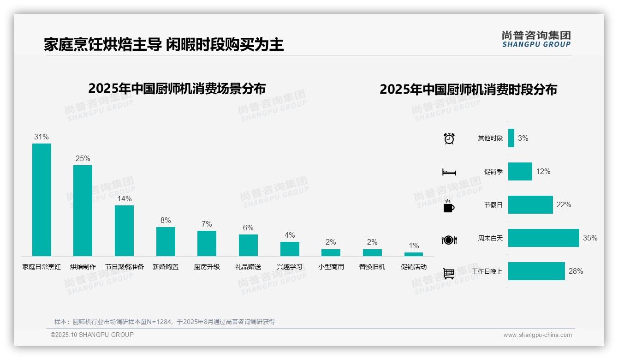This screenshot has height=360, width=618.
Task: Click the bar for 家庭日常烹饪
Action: tap(42, 199)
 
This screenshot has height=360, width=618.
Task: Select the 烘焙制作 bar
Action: tap(83, 210)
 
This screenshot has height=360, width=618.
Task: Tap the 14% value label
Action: tap(124, 198)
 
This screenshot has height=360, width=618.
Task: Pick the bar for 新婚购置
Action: tap(166, 241)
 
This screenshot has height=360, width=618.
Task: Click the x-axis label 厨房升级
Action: tap(207, 267)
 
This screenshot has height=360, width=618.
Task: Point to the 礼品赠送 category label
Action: tap(248, 267)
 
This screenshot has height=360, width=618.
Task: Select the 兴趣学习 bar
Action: tap(290, 249)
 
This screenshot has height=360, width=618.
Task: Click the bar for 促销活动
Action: tap(414, 254)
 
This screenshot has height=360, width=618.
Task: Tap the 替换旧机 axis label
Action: tap(372, 267)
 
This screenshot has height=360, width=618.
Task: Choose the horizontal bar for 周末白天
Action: tap(543, 238)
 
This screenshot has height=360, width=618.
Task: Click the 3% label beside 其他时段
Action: tap(523, 138)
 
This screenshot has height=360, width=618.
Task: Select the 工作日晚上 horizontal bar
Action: tap(536, 271)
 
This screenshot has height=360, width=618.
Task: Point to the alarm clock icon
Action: tap(449, 138)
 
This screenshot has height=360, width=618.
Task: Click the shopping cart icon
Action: tap(449, 273)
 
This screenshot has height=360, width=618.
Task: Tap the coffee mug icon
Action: tap(449, 206)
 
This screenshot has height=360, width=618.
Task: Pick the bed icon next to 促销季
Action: tap(449, 172)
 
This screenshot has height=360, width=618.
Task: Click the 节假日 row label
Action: tap(493, 205)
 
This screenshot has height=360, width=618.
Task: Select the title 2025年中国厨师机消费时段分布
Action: tap(468, 89)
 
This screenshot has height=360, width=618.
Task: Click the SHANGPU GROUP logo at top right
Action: tap(536, 39)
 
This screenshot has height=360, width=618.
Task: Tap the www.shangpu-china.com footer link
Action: tap(537, 335)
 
